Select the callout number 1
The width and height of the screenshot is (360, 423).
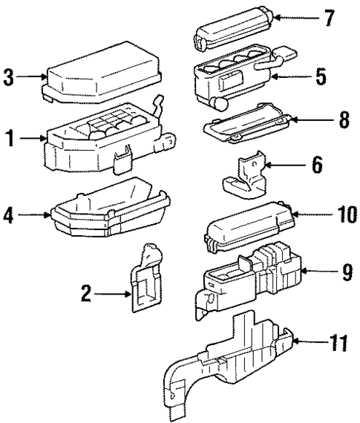pyautogui.click(x=10, y=138)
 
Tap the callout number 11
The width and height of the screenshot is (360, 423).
pyautogui.click(x=337, y=342)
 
